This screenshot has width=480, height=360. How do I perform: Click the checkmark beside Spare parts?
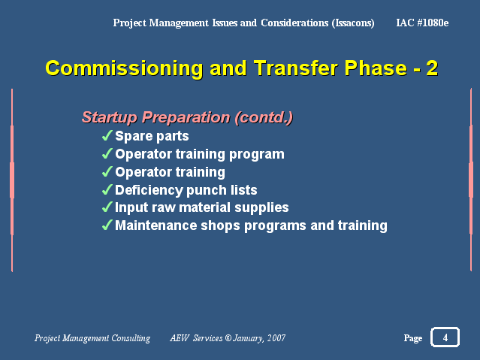[107, 135]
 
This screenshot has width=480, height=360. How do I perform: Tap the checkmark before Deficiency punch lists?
[107, 189]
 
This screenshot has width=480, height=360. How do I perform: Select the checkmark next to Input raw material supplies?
[107, 207]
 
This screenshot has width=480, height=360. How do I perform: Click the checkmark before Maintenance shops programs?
[107, 225]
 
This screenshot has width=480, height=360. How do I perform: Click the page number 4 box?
[445, 337]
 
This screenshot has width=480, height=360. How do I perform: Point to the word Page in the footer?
[413, 338]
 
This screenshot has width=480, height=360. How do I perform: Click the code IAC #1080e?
[422, 23]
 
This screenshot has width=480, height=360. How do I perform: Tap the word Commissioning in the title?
[124, 68]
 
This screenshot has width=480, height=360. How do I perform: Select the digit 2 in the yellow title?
[432, 68]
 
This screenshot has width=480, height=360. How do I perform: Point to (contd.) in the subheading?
[264, 117]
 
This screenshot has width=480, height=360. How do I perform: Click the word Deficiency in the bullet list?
[149, 190]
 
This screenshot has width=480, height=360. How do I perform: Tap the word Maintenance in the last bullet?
[155, 225]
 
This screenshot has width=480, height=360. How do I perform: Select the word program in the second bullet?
[257, 154]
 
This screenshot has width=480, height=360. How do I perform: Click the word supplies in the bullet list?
[261, 207]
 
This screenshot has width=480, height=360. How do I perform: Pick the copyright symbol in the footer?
[228, 337]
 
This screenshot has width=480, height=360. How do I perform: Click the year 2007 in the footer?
[276, 338]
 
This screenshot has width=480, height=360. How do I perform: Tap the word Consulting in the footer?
[131, 338]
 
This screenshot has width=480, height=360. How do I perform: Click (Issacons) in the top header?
[353, 23]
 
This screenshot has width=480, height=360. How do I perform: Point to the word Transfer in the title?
[296, 68]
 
